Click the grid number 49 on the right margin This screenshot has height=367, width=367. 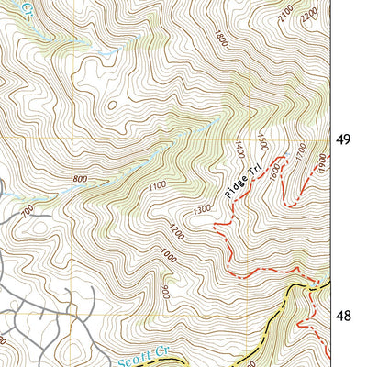(x=343, y=140)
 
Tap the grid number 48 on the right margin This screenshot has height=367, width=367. (x=343, y=316)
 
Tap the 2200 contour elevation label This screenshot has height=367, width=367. (x=309, y=13)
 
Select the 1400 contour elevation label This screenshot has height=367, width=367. (x=241, y=147)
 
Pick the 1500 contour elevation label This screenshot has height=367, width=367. (x=262, y=141)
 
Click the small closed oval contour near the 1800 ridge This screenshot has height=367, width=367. (x=112, y=104)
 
